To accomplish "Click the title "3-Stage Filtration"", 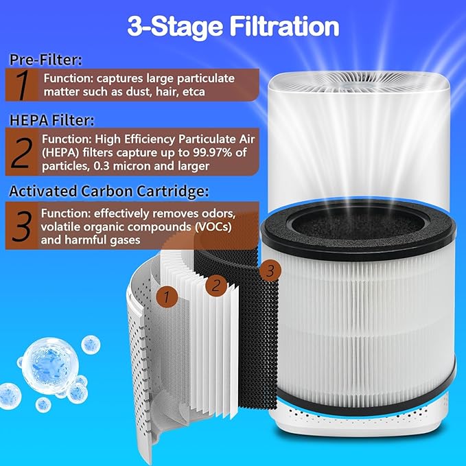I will click(x=233, y=26).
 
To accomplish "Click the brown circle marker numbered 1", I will click(x=165, y=296).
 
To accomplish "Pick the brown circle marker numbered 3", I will click(x=270, y=272).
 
